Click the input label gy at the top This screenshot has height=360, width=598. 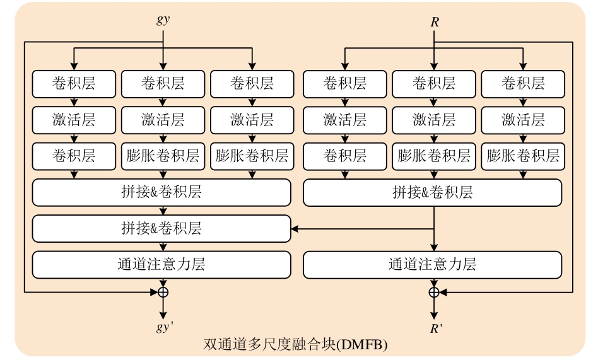(163, 20)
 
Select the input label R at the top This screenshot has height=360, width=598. (435, 22)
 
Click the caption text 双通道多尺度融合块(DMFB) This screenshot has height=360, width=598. (295, 345)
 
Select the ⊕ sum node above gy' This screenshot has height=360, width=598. (163, 292)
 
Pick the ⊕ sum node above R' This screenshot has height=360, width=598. (434, 292)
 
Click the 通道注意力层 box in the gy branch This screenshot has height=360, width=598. (161, 265)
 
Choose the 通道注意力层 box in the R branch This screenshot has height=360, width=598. (432, 265)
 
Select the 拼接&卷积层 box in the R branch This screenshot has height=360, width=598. (432, 192)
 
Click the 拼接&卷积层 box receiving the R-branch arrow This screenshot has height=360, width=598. (161, 228)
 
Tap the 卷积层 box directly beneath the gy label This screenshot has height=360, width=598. (163, 83)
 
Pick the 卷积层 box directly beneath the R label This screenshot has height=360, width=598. (433, 83)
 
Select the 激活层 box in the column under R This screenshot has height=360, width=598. (433, 119)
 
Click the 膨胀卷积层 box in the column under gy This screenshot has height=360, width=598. (163, 155)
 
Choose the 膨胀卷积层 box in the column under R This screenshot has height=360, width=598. (433, 155)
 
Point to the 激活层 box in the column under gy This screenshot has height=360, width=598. (163, 119)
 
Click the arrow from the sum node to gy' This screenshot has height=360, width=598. (163, 308)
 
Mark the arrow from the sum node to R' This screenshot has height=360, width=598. (434, 308)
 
